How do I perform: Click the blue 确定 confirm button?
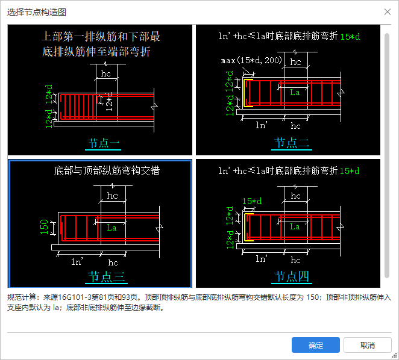point(316,345)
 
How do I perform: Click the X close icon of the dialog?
point(388,11)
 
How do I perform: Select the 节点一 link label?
point(103,143)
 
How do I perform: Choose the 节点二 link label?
point(292,143)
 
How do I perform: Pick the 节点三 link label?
point(106,277)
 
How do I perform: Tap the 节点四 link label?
point(292,276)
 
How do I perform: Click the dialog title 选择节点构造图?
point(37,12)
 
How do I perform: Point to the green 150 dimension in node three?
point(44,227)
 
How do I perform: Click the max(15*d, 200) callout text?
point(251,60)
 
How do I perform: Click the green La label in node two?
point(295,92)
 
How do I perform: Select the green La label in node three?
point(112,228)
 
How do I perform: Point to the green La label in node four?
point(295,226)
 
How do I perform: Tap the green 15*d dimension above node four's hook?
point(252,201)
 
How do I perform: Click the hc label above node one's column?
point(106,73)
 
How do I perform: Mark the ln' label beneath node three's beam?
point(77,261)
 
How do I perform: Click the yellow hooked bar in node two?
point(245,93)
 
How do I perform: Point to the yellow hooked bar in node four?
point(245,227)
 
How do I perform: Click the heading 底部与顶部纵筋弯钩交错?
point(107,170)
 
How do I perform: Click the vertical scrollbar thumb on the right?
point(387,155)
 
